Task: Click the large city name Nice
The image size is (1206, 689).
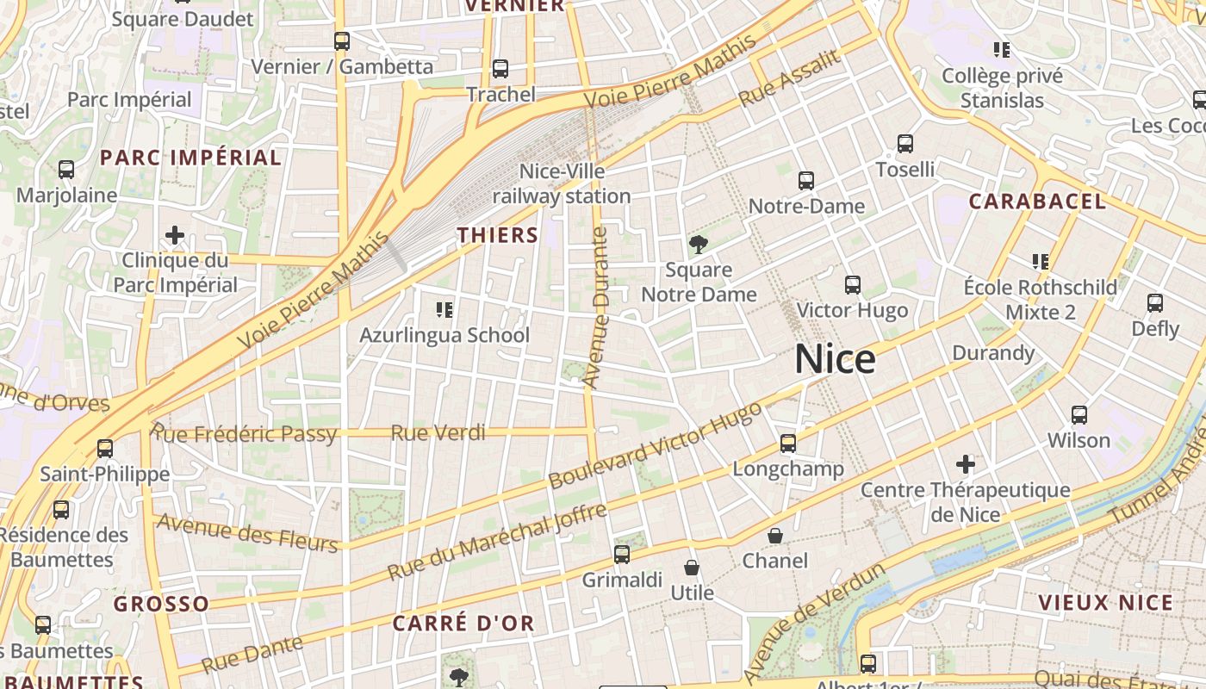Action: point(835,359)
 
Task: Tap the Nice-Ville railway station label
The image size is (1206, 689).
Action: point(562,184)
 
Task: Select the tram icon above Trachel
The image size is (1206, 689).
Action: point(500,69)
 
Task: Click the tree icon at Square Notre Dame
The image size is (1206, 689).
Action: point(699,245)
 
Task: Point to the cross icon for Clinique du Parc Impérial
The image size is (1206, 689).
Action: point(175,234)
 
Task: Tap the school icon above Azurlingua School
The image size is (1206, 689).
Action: point(444,309)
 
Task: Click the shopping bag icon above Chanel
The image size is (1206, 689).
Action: point(775,536)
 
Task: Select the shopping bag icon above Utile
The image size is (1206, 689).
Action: point(692,568)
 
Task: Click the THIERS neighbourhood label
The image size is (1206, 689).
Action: point(498,234)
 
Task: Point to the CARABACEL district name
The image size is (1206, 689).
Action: point(1037,202)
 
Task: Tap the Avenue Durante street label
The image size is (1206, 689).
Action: point(596,306)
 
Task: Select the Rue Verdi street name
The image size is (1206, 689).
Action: point(438,432)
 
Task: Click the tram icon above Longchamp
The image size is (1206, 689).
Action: point(788,444)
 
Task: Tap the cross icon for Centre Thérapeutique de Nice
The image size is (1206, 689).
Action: point(966,465)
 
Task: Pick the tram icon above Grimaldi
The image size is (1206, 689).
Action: point(622,555)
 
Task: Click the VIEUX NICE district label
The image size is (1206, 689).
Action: point(1106,603)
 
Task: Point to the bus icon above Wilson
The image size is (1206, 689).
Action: point(1079,415)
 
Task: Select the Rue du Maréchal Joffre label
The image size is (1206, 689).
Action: point(497,543)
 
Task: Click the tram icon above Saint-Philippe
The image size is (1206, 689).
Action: point(105,449)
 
